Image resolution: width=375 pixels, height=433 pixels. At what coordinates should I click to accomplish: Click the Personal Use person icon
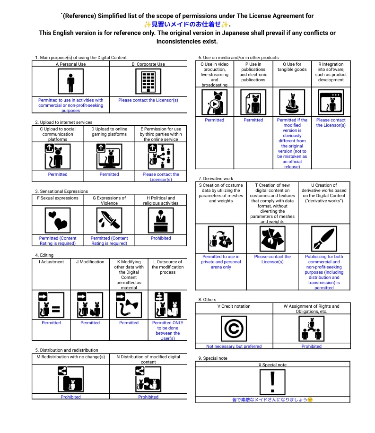[x=71, y=82]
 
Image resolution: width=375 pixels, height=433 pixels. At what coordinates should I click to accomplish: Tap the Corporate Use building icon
[x=148, y=82]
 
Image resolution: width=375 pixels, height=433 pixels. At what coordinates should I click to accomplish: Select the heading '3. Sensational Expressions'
[x=61, y=191]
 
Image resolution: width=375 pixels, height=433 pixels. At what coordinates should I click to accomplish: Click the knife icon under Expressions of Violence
[x=109, y=220]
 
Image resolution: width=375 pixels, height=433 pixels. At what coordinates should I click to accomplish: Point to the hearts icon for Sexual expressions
[x=58, y=220]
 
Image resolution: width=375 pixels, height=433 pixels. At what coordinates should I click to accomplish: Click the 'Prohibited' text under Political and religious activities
[x=161, y=238]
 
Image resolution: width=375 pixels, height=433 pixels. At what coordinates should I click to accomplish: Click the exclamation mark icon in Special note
[x=272, y=382]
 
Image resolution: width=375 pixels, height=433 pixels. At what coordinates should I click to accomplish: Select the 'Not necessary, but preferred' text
[x=234, y=346]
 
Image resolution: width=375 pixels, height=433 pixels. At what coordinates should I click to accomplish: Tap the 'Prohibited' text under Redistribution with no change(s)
[x=70, y=397]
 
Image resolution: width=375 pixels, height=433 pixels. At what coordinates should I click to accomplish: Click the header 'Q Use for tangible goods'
[x=292, y=67]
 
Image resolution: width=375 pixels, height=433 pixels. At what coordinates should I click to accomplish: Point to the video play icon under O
[x=215, y=102]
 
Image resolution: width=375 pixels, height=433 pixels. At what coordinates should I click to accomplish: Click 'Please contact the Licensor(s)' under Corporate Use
[x=148, y=100]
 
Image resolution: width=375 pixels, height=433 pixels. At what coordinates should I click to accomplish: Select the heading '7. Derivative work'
[x=216, y=178]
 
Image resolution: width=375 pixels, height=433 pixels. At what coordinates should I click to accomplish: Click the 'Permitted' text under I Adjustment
[x=51, y=323]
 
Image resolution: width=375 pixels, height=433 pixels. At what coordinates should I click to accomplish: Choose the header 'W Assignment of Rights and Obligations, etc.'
[x=312, y=309]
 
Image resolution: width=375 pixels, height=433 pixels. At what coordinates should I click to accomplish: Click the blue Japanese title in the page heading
[x=187, y=25]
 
